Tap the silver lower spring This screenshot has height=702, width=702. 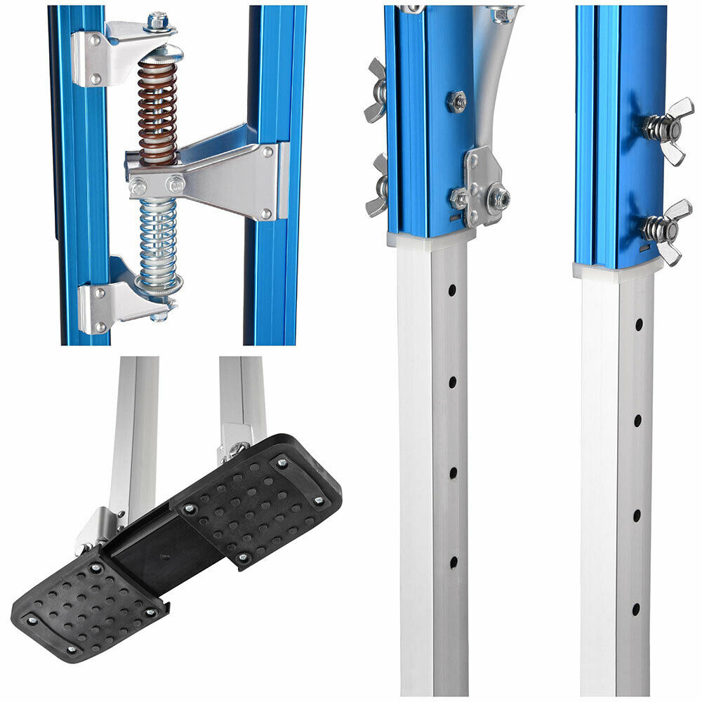[x=157, y=239]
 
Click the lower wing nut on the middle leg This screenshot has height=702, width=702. [x=377, y=185]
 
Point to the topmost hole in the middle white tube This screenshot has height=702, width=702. [x=453, y=289]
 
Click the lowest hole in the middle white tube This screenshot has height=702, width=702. [x=453, y=562]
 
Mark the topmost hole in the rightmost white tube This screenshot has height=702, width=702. [x=639, y=324]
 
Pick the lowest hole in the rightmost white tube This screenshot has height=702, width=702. [x=636, y=609]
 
